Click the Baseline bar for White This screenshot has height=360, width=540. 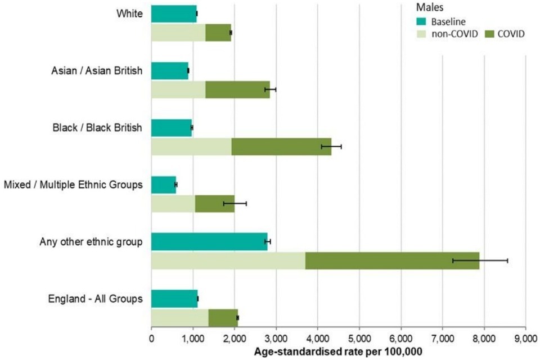tap(174, 13)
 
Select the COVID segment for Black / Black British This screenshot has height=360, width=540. tap(281, 146)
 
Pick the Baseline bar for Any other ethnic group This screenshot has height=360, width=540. tap(209, 241)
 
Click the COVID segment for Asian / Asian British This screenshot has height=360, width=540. tap(237, 89)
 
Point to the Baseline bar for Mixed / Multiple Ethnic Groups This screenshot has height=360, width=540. tap(164, 184)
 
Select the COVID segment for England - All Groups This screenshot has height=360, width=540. tap(223, 318)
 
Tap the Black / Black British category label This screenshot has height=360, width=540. tap(96, 128)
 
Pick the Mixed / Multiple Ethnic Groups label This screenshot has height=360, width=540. tap(73, 184)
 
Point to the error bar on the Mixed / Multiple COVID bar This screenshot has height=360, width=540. tap(235, 203)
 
